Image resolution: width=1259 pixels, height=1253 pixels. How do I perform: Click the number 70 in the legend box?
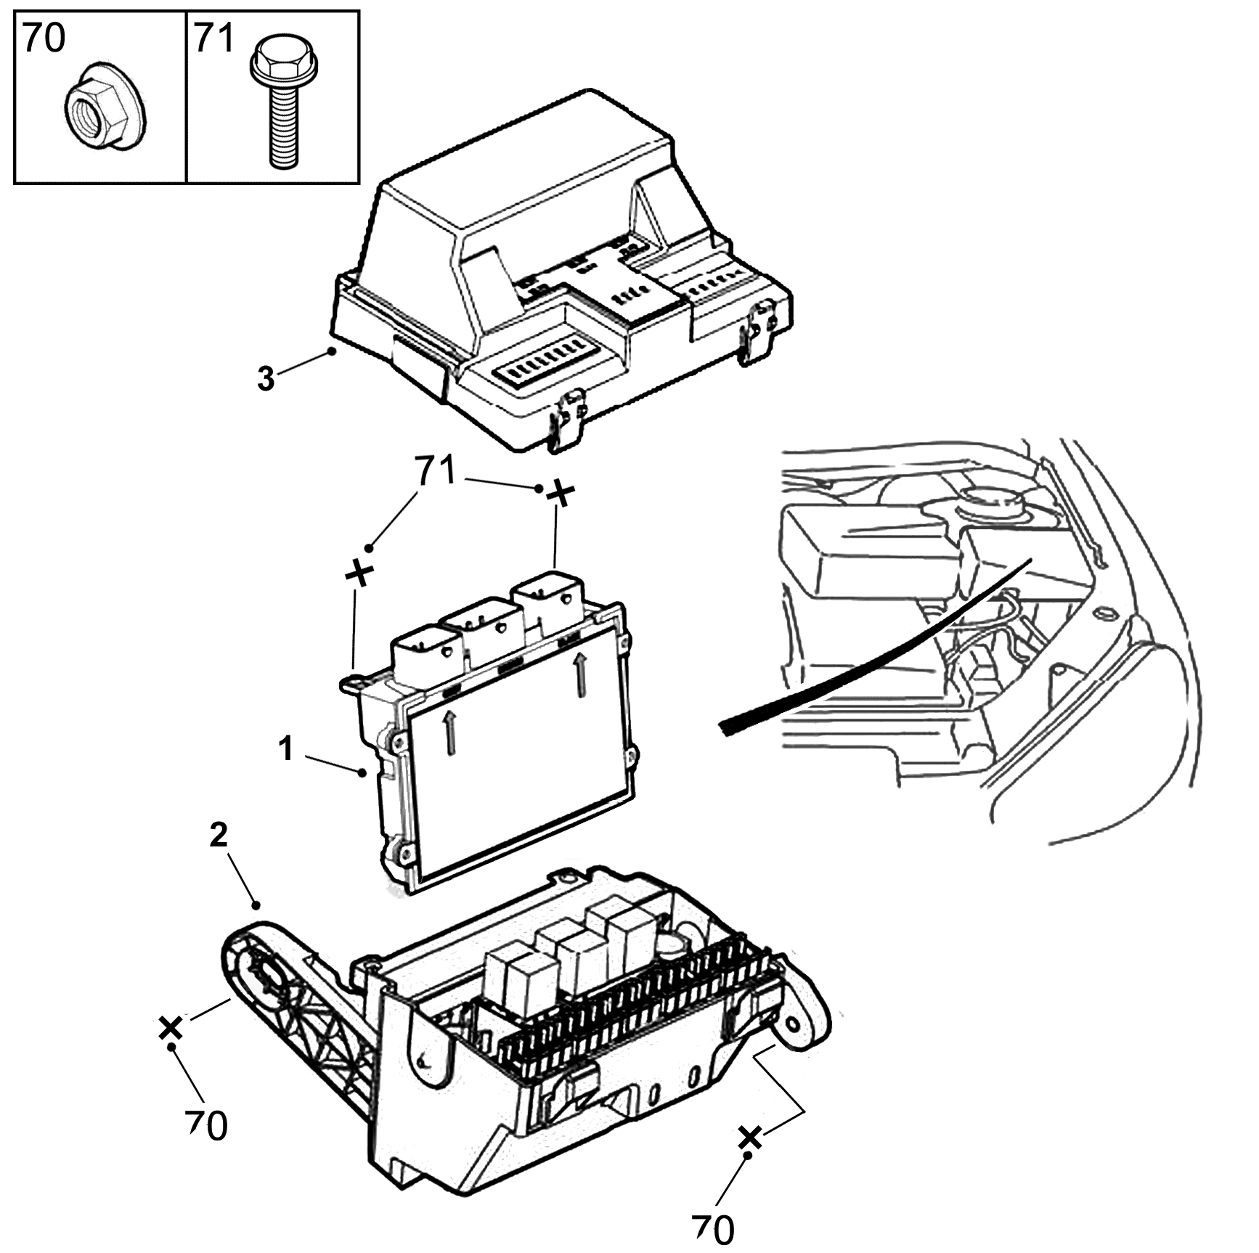click(44, 38)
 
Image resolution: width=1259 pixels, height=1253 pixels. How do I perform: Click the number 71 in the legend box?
click(214, 38)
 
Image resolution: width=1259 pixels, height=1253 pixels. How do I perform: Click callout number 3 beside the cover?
click(266, 379)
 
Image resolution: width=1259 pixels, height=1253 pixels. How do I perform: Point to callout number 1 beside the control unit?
click(287, 749)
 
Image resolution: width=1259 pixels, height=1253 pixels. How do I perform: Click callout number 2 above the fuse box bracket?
click(219, 836)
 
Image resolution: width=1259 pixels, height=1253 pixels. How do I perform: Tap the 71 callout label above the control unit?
click(436, 471)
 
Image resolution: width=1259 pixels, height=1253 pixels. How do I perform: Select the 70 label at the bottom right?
click(713, 1228)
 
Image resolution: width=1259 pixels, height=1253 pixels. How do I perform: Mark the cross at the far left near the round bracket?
click(171, 1028)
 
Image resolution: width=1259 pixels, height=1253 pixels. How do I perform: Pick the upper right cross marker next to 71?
click(560, 494)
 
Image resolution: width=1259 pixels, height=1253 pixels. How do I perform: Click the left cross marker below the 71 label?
click(358, 573)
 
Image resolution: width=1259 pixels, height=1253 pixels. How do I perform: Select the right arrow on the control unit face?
click(579, 674)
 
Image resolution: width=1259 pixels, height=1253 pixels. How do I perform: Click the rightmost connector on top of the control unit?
click(547, 601)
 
